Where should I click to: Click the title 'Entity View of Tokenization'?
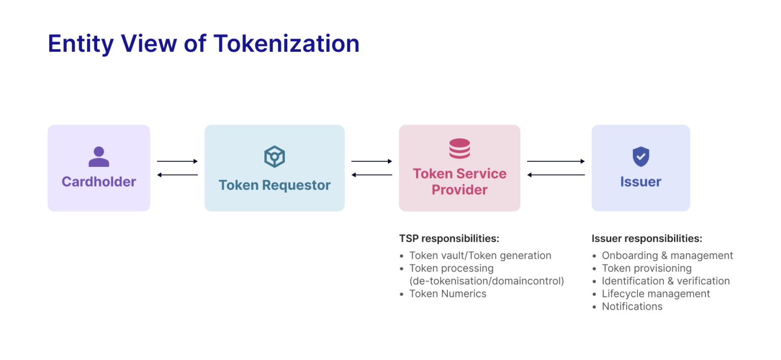click(203, 44)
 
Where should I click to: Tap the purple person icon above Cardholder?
click(99, 157)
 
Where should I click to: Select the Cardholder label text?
click(99, 182)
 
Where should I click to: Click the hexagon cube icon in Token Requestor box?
click(275, 157)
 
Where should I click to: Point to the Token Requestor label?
click(275, 185)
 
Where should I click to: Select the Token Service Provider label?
click(459, 182)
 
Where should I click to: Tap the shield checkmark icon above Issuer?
click(641, 157)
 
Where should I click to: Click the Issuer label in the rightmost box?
click(641, 182)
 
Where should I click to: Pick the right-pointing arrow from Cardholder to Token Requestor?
click(177, 161)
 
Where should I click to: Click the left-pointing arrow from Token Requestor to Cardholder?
click(177, 175)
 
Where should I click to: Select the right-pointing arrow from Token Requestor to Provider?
click(372, 161)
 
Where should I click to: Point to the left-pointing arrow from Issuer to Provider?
click(556, 175)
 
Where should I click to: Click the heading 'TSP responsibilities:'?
click(449, 238)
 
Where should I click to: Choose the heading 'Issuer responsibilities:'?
click(647, 238)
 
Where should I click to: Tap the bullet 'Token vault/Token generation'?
click(480, 256)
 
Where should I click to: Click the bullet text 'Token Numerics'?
click(447, 294)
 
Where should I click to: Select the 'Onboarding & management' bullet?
click(667, 256)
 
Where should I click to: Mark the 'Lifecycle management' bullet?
click(656, 294)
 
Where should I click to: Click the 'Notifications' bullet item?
click(632, 307)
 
